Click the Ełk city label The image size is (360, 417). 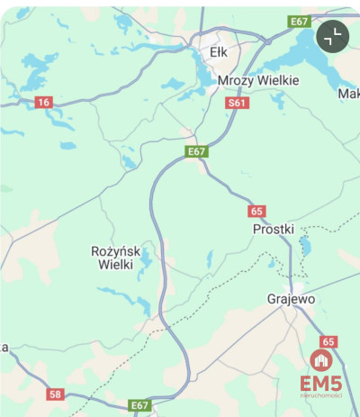click(x=219, y=52)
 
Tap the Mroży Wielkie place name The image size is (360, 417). click(x=258, y=80)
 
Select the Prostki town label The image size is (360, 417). click(x=274, y=229)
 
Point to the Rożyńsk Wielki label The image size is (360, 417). click(x=112, y=258)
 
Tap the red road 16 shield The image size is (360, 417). click(x=43, y=103)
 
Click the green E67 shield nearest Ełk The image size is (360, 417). click(x=299, y=21)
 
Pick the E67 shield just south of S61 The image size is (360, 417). click(x=197, y=151)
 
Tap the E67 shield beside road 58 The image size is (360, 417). click(x=139, y=405)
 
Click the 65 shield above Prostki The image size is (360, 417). click(x=258, y=211)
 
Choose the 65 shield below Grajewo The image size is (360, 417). click(x=328, y=341)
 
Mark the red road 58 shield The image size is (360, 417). click(x=57, y=394)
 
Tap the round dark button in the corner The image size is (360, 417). click(x=333, y=36)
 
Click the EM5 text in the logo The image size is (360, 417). click(x=321, y=383)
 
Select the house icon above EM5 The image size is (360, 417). click(x=320, y=360)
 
